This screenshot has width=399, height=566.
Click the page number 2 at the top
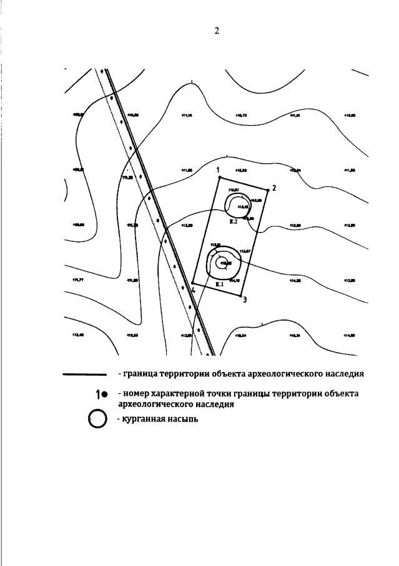pos(216,31)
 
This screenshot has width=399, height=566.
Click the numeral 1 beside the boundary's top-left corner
pos(218,169)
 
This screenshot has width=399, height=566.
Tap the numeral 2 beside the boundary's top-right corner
pos(273,188)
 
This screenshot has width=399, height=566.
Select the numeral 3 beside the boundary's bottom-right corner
pos(244,300)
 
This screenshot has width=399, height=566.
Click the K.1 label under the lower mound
pos(219,285)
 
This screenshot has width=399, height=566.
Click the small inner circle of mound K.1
pos(221,263)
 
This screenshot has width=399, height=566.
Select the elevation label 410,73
pos(241,116)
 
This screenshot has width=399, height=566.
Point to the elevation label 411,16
pos(186,116)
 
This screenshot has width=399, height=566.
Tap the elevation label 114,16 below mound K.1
pos(235,281)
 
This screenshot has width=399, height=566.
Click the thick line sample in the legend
pos(85,375)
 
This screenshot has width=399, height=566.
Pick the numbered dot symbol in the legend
pos(102,394)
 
